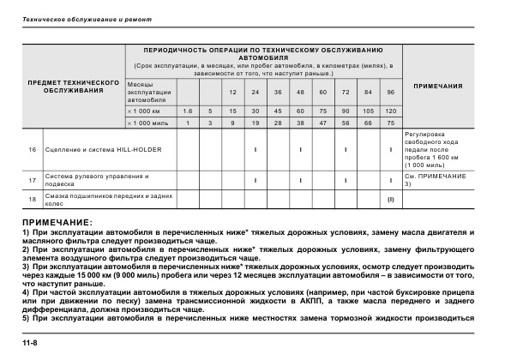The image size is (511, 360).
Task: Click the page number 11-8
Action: (31, 344)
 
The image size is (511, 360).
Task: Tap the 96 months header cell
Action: (390, 92)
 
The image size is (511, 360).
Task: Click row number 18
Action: (32, 201)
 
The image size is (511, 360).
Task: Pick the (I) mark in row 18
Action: (390, 201)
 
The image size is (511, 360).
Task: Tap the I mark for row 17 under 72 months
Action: (345, 180)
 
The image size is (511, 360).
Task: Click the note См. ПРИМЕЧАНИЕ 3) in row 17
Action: (435, 180)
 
